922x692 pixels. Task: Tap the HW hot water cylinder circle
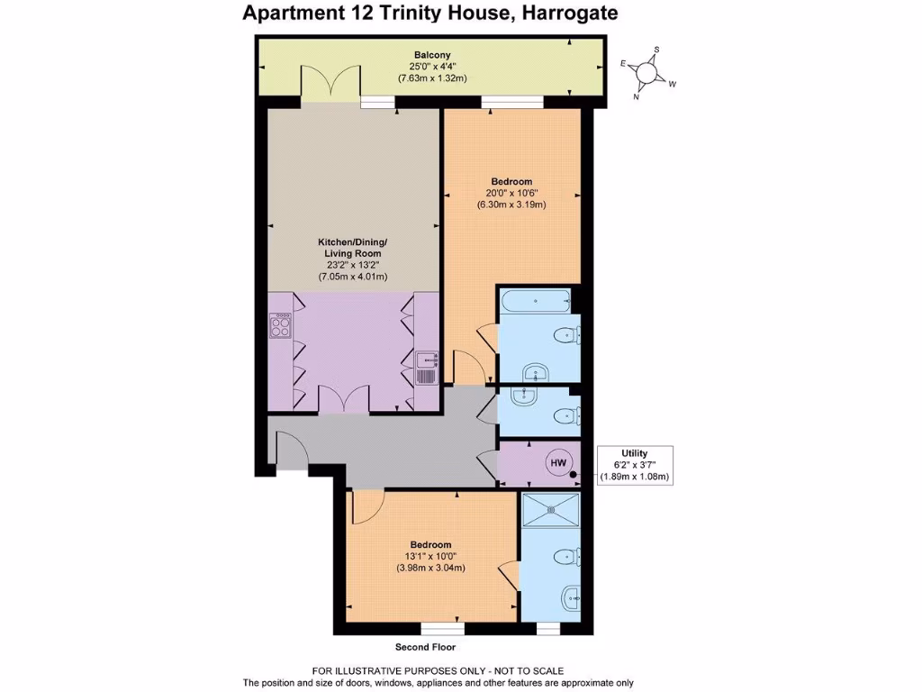point(558,463)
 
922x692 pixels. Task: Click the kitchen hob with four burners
point(279,325)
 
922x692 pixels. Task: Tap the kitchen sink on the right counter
point(427,368)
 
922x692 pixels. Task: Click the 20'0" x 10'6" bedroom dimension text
point(511,191)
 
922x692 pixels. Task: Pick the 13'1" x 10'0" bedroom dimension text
point(430,556)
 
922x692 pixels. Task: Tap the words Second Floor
point(425,647)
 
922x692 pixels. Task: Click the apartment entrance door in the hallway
point(290,450)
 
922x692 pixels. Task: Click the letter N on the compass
point(637,96)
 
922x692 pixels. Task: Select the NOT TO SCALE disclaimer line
point(438,670)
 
